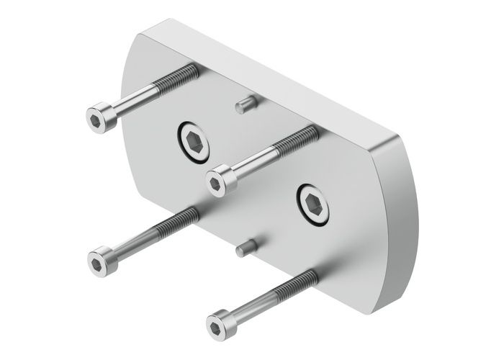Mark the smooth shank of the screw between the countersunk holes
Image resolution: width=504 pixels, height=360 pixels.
[x=256, y=158]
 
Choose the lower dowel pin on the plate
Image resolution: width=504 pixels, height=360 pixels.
[x=242, y=248]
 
